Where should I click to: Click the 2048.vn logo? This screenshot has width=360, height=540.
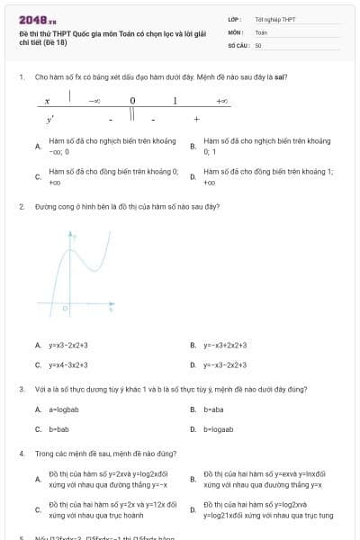click(x=36, y=18)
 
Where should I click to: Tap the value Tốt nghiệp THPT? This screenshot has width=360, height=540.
click(x=275, y=18)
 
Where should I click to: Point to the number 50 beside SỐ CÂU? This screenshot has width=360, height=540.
click(x=258, y=44)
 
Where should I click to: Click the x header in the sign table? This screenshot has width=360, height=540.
click(x=47, y=102)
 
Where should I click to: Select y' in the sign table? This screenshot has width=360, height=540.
click(x=49, y=119)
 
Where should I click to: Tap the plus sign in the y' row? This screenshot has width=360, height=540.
click(x=196, y=119)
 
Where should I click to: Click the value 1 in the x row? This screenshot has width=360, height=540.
click(x=175, y=102)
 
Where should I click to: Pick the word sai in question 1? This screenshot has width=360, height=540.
click(x=282, y=77)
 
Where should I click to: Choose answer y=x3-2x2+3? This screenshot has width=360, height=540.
click(x=68, y=345)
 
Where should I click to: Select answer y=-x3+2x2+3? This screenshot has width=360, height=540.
click(x=225, y=345)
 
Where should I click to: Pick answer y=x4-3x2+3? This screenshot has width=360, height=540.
click(x=68, y=365)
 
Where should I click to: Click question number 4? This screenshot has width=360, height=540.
click(x=21, y=454)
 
